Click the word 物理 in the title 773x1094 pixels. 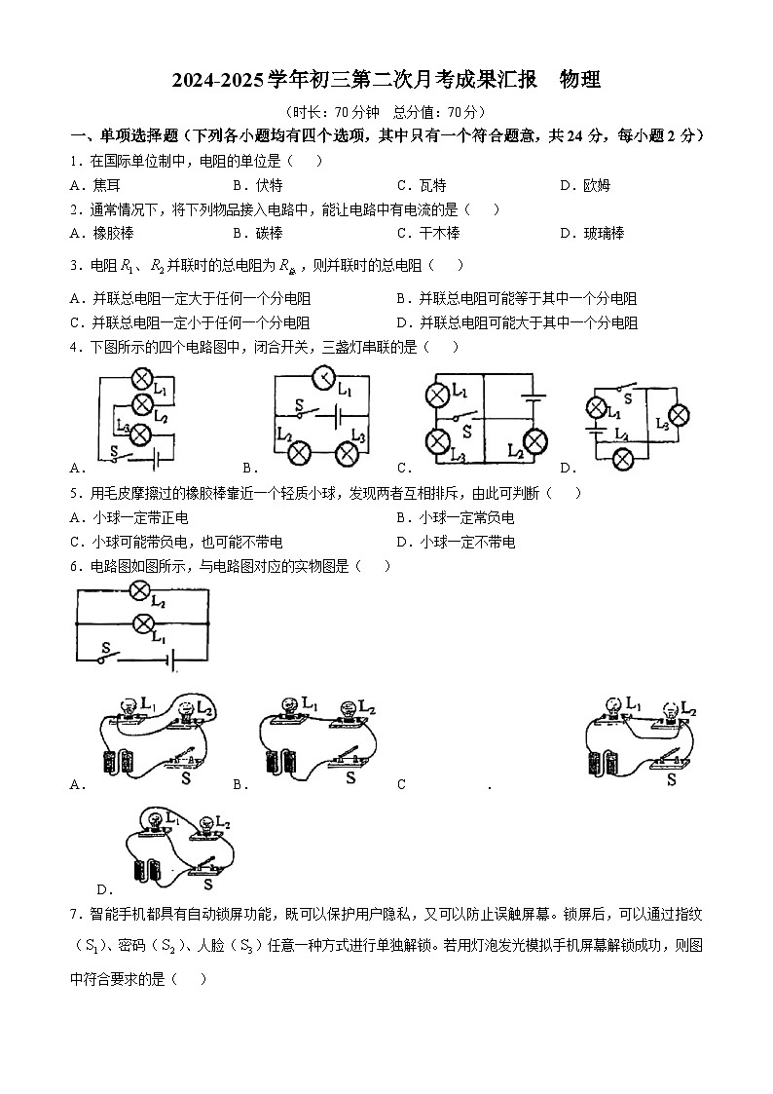[x=580, y=81]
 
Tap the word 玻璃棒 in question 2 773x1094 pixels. [x=604, y=233]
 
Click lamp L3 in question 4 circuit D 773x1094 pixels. [x=678, y=415]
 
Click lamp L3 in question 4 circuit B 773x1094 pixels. [x=348, y=453]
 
